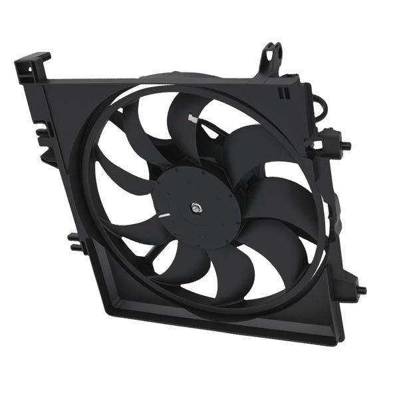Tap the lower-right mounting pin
359,290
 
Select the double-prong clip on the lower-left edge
75,241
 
